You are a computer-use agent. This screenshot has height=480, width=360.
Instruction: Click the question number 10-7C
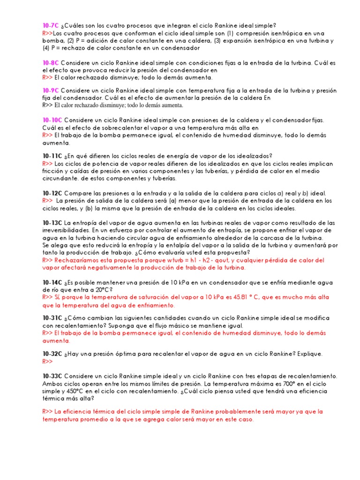[x=51, y=25]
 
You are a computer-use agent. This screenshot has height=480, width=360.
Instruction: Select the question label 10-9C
[x=51, y=90]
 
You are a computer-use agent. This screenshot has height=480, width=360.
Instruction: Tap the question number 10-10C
[x=52, y=120]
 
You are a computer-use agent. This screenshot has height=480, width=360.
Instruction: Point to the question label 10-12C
[x=52, y=193]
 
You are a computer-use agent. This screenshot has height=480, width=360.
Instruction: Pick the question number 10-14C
[x=52, y=283]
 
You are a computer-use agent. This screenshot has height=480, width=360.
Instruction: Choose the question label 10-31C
[x=52, y=318]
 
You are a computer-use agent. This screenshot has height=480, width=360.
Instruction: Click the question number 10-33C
[x=52, y=376]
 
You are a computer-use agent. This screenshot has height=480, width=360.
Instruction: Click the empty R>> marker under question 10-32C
[x=47, y=361]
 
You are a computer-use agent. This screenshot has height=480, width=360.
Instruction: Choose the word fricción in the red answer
[x=52, y=171]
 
